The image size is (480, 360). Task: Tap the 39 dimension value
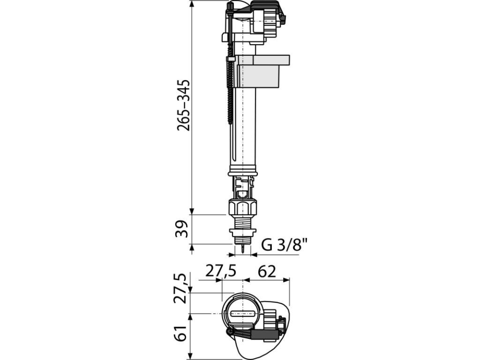[x=184, y=229]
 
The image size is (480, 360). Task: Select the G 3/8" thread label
[x=284, y=244]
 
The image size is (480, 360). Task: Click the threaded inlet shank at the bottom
[x=242, y=223]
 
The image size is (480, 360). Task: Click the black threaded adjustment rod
[x=230, y=94]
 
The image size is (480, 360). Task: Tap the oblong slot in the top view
[x=242, y=314]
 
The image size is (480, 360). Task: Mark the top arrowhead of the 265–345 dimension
[x=192, y=4]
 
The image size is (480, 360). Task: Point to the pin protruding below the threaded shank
[x=242, y=249]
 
